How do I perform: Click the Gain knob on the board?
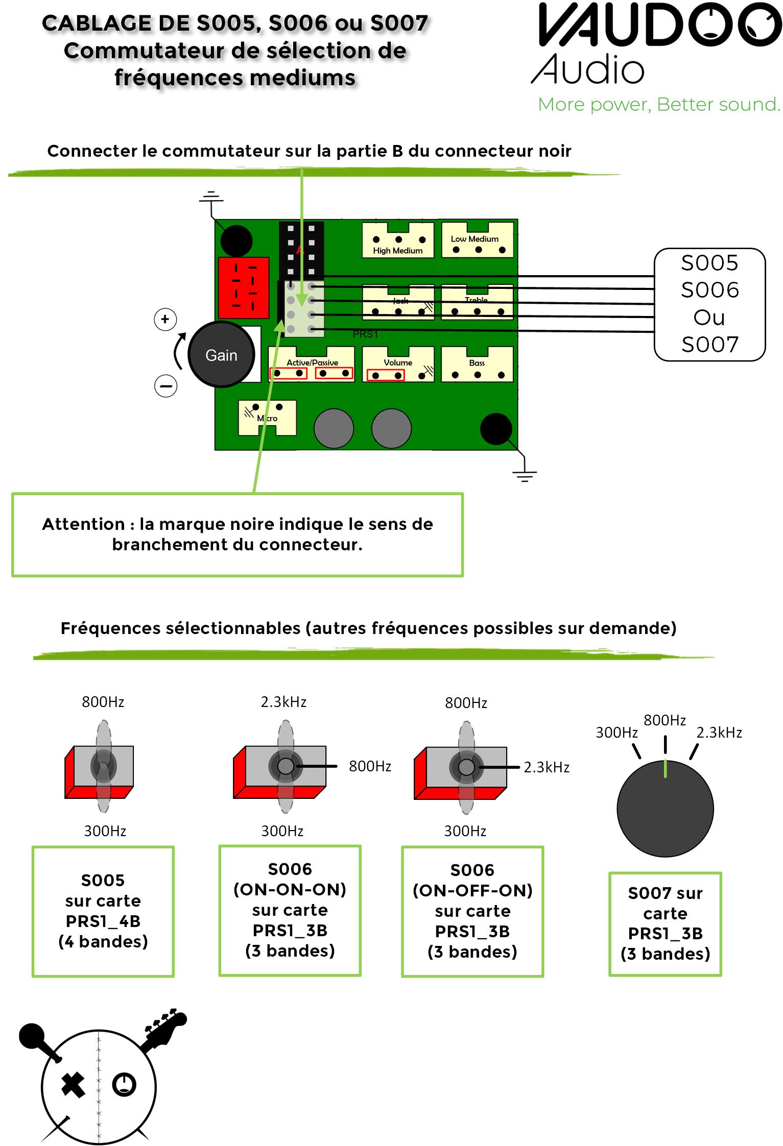pos(221,355)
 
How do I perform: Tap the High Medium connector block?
pos(398,240)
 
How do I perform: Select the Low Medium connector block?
pos(478,239)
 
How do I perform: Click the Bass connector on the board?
pos(477,364)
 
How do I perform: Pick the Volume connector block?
pos(398,364)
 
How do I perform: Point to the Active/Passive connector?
pos(312,364)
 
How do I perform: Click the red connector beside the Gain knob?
pos(244,288)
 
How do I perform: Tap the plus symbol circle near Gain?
pos(165,320)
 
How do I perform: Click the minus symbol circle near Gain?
pos(165,386)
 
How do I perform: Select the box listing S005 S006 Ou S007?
pos(709,305)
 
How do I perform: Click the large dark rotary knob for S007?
pos(665,809)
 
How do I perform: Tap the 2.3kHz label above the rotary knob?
pos(719,733)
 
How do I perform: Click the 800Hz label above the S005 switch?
pos(103,702)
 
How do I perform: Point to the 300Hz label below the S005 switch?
pos(105,831)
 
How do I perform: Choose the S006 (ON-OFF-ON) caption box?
pos(472,912)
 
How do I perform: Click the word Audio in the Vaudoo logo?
pos(588,69)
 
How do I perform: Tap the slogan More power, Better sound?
pos(659,105)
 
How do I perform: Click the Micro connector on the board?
pos(267,418)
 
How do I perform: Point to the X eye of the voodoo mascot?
pos(74,1085)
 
